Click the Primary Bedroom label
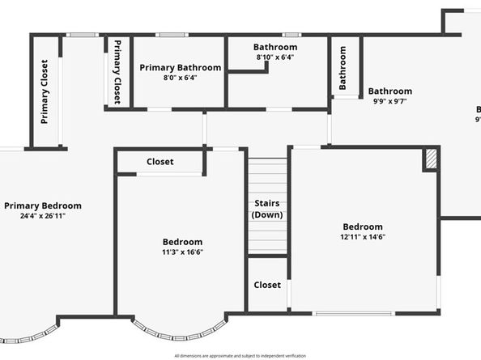(x=42, y=205)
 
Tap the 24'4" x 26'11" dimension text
(x=42, y=216)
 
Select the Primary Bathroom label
(x=180, y=68)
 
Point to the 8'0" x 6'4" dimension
(x=180, y=78)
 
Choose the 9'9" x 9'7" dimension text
(x=390, y=102)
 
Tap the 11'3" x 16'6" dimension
(x=182, y=252)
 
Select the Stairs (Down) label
(x=267, y=210)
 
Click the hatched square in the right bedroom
(x=432, y=159)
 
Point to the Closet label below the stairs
(x=267, y=285)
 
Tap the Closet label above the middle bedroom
(x=160, y=162)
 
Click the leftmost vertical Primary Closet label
(x=45, y=91)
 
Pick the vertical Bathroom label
(x=343, y=67)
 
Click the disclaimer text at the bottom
(x=240, y=355)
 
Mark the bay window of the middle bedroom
(x=180, y=330)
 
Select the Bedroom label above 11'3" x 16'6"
(x=182, y=241)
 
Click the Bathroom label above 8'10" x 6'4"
(x=275, y=47)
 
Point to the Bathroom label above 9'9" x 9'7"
(x=390, y=91)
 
